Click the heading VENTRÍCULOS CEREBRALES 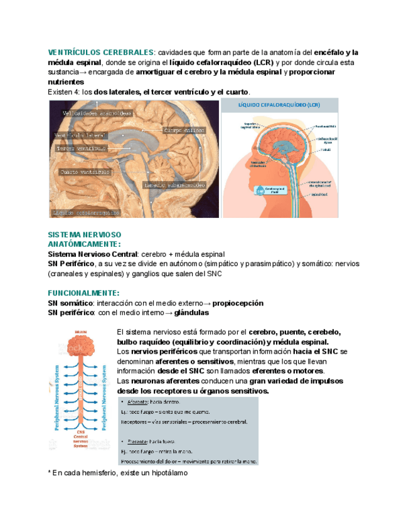100,52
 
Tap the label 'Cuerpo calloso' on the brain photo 184,131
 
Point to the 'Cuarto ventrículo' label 85,171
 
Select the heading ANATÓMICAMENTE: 84,244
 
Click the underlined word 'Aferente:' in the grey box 141,401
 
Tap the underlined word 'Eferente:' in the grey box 141,441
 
